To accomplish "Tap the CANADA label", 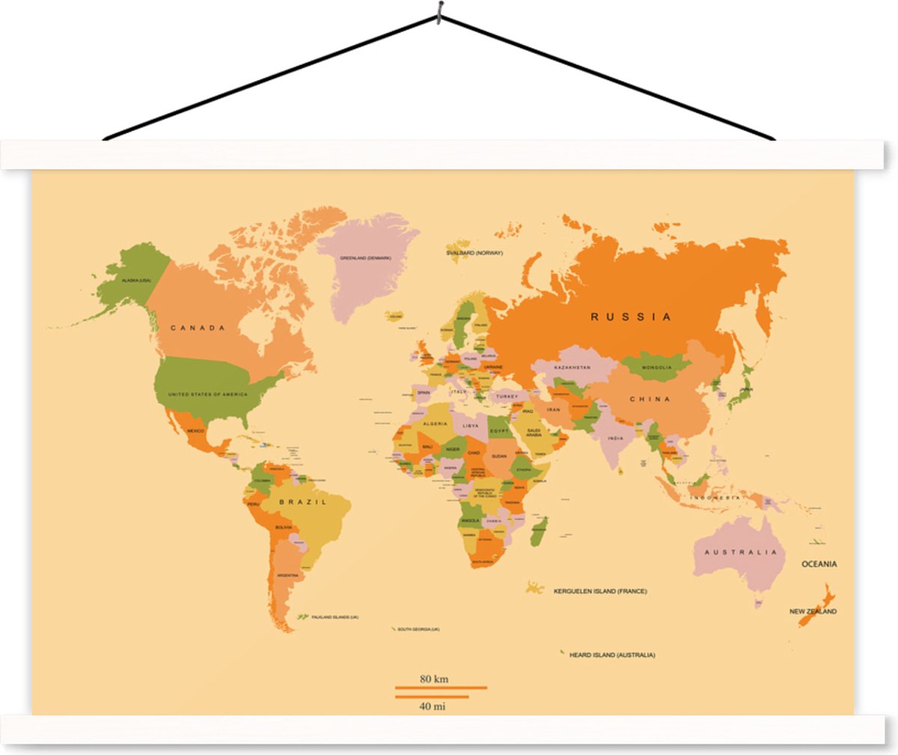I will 198,328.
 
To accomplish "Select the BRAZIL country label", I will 303,502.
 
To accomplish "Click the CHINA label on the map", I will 650,399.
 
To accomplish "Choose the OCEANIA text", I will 819,564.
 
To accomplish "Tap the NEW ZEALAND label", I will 813,611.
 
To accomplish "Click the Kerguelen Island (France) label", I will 600,591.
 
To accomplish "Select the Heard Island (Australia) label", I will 612,655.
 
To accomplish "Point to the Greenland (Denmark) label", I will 366,258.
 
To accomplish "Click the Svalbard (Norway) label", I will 474,253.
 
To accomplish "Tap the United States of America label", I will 207,394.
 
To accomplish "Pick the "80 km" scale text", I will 434,679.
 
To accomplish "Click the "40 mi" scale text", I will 433,706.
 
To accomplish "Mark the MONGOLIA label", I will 657,367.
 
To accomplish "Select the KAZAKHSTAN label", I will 572,367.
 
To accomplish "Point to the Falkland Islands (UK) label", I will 335,617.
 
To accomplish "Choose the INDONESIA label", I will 715,498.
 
